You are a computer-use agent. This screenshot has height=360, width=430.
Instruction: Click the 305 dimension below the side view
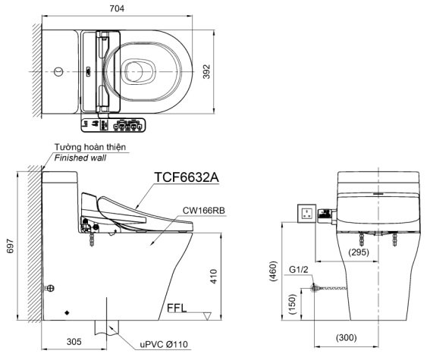pyautogui.click(x=73, y=342)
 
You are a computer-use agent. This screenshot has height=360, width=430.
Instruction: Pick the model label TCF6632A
pyautogui.click(x=186, y=177)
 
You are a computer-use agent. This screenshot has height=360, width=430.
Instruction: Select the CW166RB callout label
pyautogui.click(x=202, y=210)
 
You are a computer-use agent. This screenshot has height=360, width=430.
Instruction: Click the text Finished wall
pyautogui.click(x=80, y=158)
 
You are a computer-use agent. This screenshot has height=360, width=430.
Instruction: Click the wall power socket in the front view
pyautogui.click(x=307, y=212)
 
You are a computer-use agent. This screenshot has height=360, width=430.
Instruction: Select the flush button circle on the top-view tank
pyautogui.click(x=58, y=72)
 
